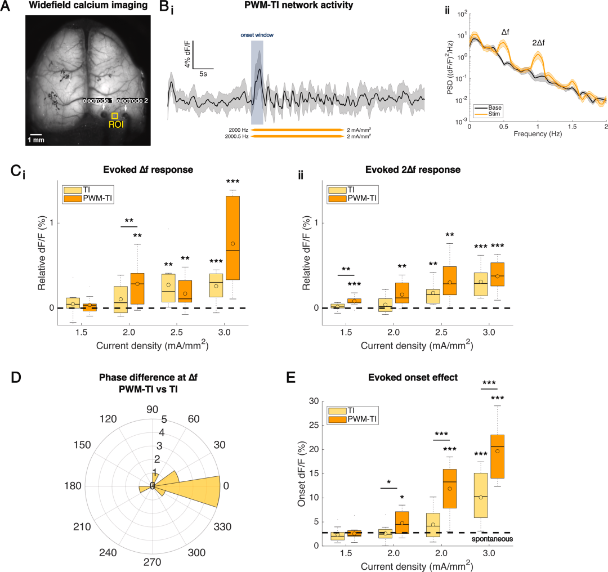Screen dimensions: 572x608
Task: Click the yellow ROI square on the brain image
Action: tap(114, 115)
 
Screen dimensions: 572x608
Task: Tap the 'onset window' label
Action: tap(257, 35)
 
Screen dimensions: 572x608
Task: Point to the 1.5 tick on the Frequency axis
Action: tap(572, 127)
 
